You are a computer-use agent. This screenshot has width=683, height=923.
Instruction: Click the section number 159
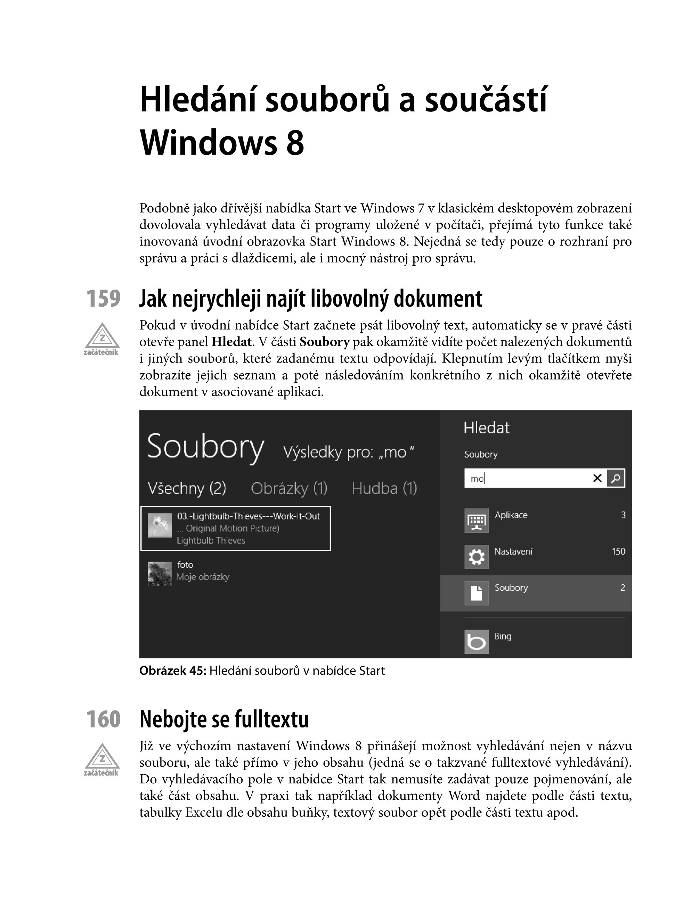tap(103, 299)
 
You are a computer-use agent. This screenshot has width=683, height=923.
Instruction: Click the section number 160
tap(103, 719)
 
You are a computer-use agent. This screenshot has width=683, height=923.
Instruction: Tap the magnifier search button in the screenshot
tap(616, 478)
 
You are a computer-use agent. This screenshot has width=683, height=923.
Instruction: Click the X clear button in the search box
tap(597, 478)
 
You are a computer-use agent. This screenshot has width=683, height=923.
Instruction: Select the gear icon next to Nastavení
tap(476, 557)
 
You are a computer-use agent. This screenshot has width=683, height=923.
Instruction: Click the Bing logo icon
tap(476, 642)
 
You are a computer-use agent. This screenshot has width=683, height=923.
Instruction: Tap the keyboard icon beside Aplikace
tap(476, 520)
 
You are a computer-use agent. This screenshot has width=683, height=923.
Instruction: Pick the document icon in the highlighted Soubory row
tap(476, 593)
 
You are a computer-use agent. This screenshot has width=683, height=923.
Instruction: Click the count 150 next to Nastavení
tap(618, 551)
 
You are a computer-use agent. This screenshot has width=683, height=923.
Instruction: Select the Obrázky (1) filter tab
tap(289, 489)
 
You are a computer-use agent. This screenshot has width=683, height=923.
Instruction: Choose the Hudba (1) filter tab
tap(384, 489)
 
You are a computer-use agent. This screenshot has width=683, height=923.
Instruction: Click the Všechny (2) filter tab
tap(187, 489)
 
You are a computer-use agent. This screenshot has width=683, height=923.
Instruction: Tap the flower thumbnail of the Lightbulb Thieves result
tap(160, 525)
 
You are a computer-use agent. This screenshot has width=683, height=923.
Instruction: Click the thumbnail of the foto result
tap(160, 574)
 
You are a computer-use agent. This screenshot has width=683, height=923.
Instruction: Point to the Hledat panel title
tap(486, 428)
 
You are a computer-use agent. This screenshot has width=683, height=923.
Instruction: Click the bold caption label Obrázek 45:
tap(173, 671)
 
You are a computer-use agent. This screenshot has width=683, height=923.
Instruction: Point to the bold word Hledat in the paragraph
tap(231, 342)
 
